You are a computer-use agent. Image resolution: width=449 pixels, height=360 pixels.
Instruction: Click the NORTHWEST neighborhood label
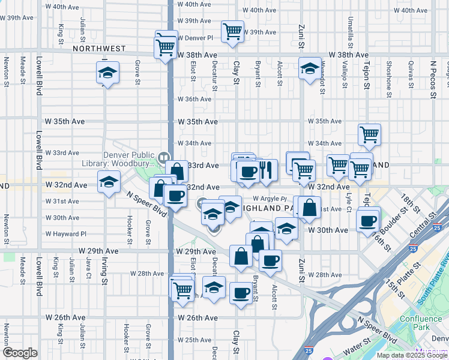(100, 48)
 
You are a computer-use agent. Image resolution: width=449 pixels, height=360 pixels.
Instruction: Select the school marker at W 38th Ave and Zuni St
(310, 70)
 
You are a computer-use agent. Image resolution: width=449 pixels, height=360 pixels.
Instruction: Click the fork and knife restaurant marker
(267, 170)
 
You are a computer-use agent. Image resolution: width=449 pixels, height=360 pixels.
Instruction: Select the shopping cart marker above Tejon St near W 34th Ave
(369, 135)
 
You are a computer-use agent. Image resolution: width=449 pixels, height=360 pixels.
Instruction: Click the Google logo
(20, 353)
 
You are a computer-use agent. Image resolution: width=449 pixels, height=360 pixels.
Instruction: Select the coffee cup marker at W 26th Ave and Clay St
(241, 293)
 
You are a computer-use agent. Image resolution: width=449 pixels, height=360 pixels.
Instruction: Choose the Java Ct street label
(88, 266)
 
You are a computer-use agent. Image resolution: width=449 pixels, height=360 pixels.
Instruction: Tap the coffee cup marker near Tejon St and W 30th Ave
(367, 220)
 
